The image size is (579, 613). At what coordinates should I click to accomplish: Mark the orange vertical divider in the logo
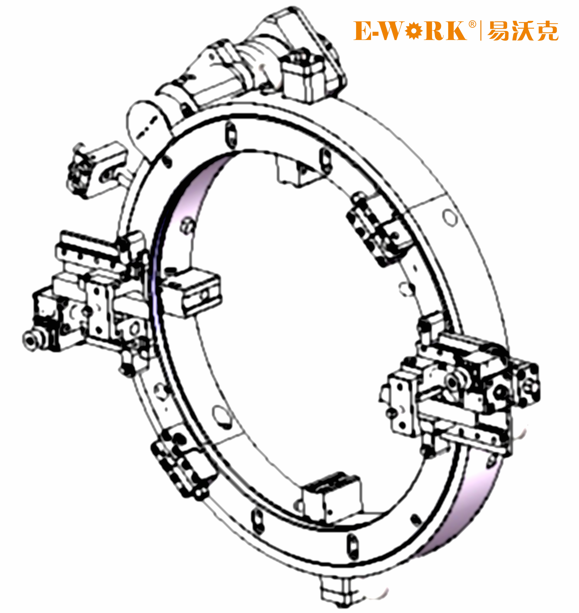pos(481,30)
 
